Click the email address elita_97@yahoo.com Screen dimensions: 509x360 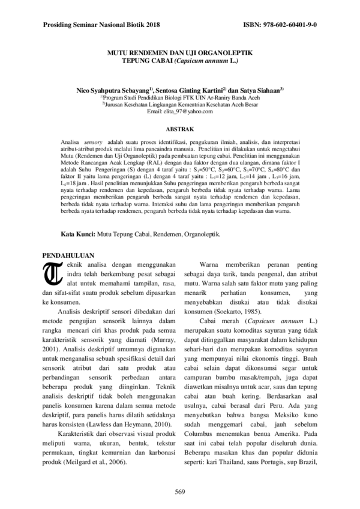[180, 111]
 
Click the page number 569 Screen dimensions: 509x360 [179, 492]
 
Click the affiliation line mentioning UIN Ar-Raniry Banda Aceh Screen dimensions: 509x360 [180, 97]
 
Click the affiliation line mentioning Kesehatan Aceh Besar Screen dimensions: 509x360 [180, 104]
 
